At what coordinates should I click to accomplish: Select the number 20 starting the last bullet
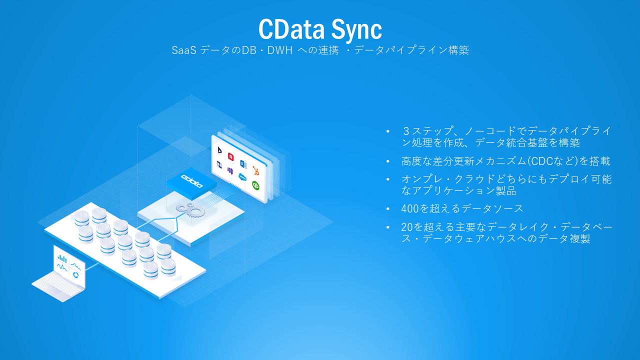point(407,226)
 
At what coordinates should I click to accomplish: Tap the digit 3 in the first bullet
point(406,131)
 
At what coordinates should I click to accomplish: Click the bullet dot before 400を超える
point(387,209)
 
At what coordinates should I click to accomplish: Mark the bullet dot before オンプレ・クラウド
point(387,179)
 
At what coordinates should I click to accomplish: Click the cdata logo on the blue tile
point(192,181)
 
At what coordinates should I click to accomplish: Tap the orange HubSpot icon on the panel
point(255,170)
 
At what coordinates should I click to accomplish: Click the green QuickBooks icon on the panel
point(255,185)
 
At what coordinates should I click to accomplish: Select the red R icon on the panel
point(231,156)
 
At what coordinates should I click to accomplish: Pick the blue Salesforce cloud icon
point(243,176)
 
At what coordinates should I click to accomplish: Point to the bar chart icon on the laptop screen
point(62,258)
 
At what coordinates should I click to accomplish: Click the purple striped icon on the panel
point(230,170)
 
